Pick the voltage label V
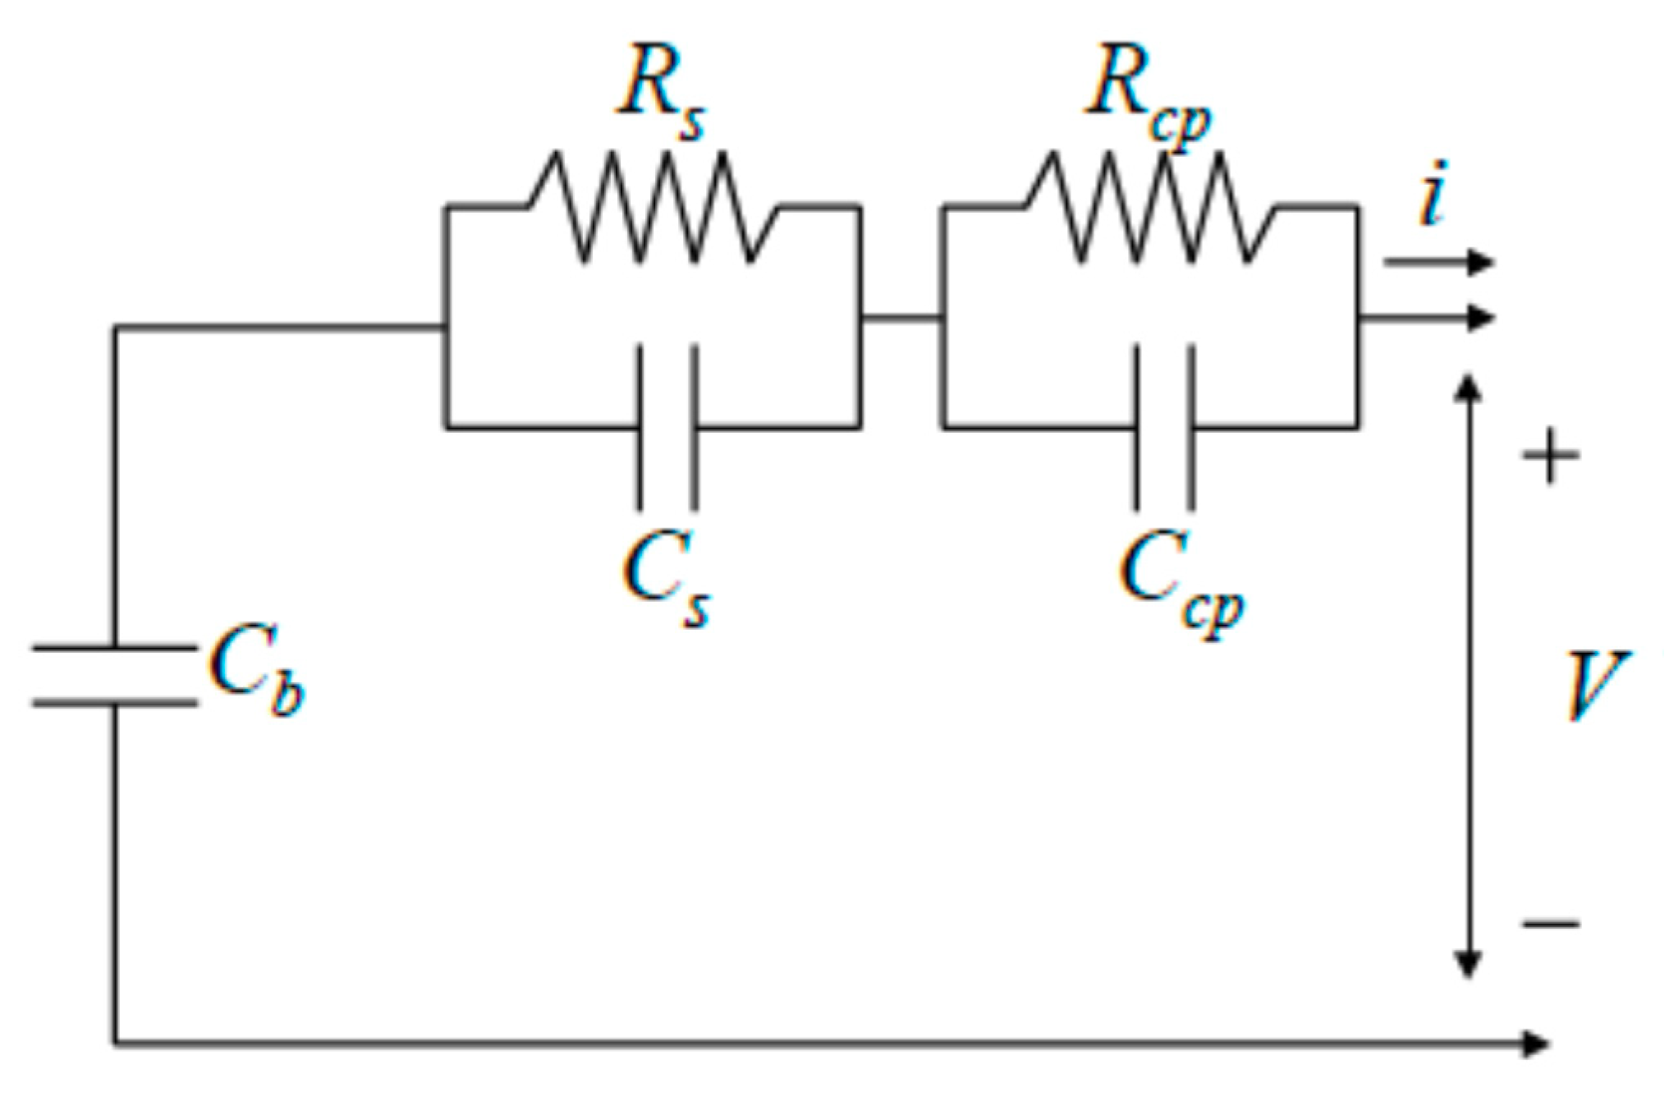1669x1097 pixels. [1593, 686]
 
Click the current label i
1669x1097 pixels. [1433, 194]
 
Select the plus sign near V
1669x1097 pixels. [1550, 456]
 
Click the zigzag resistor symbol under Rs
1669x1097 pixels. [653, 207]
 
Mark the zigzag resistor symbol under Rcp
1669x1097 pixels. [1149, 207]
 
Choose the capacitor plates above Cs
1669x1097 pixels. [667, 427]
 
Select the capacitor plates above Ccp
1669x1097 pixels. [1164, 427]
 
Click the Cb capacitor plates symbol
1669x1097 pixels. [114, 676]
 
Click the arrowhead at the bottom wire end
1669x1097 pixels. [1534, 1044]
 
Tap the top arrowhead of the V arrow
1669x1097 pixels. [1468, 388]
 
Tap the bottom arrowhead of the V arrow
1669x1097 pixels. [1468, 965]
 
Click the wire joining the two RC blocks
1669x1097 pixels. [901, 317]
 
